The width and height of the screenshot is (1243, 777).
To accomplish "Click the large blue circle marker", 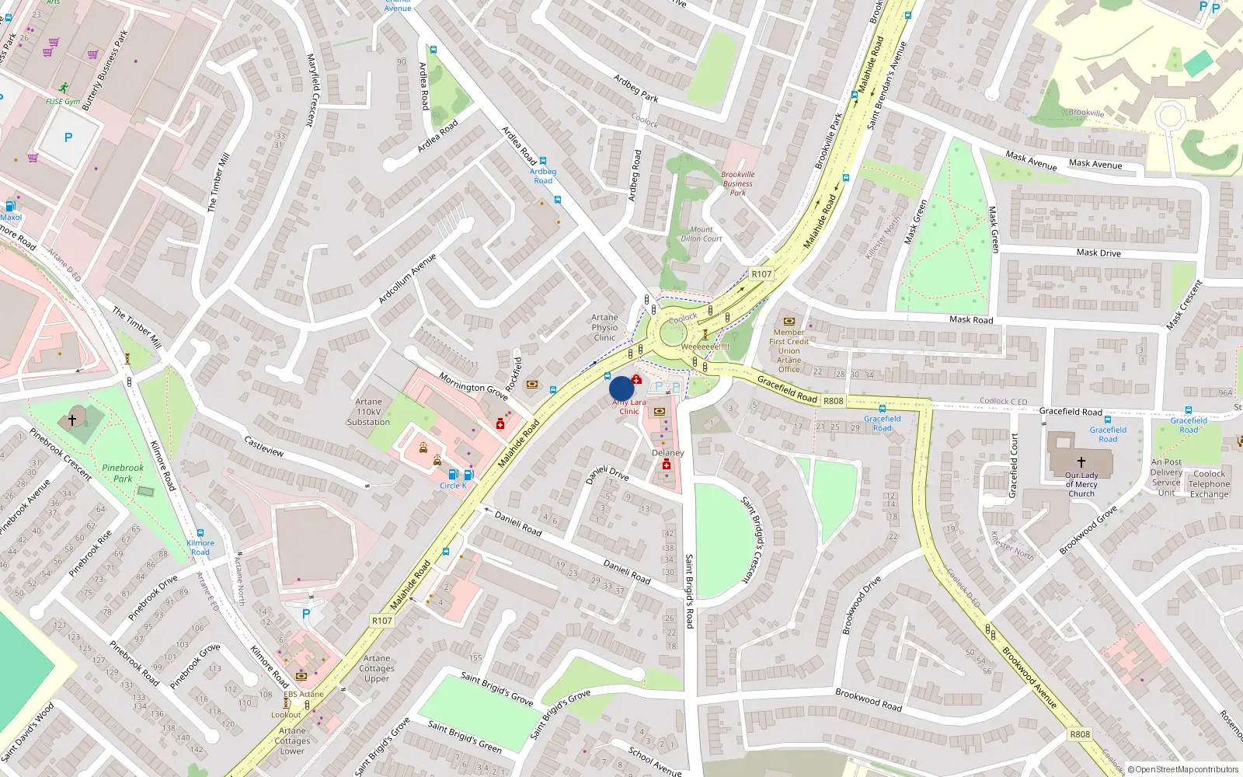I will tap(621, 388).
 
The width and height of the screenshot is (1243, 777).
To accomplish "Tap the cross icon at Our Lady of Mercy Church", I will tap(1081, 462).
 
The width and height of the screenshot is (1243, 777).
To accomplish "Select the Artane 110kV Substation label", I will tap(368, 412).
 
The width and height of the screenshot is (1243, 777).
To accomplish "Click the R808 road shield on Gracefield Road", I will tap(833, 401).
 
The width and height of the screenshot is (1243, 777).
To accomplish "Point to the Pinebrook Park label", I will tap(123, 473).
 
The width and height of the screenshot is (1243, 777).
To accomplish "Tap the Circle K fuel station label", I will tap(453, 486).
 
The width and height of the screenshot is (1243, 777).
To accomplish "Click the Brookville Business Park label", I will tap(737, 183).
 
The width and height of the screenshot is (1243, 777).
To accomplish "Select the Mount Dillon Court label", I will tap(701, 234).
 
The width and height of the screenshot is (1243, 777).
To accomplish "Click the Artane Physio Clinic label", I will tap(604, 327).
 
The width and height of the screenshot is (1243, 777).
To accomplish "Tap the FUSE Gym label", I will tap(63, 102).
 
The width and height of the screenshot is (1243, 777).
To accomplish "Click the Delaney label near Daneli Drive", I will tap(667, 452).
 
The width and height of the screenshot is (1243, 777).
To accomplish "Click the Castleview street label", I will tap(264, 446).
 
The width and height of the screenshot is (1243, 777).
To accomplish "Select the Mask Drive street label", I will tap(1099, 253).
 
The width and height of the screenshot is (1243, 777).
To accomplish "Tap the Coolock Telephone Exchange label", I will tap(1209, 483).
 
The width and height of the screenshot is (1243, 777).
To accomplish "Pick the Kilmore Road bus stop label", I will tap(200, 547).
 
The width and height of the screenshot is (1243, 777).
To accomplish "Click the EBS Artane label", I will tap(303, 694).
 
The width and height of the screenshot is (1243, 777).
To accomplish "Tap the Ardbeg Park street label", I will tap(635, 88).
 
